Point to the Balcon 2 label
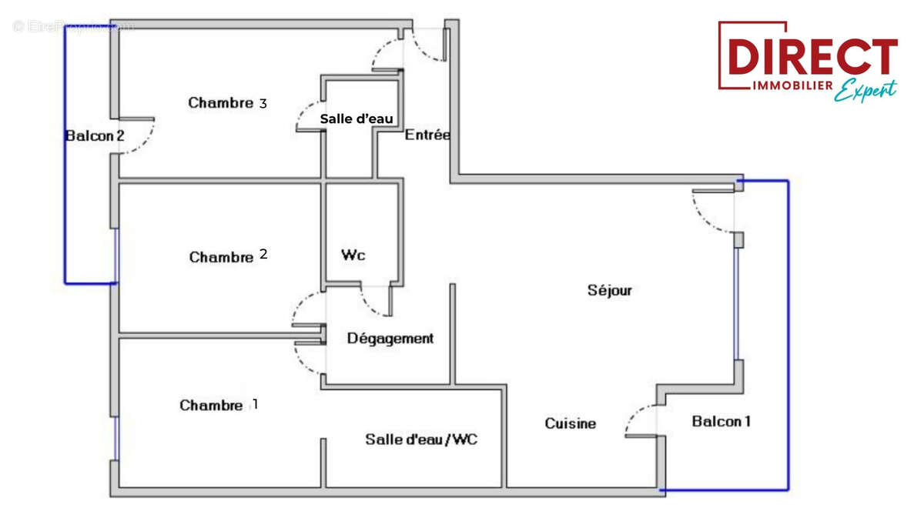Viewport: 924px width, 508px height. point(94,136)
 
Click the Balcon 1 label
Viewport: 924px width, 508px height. point(721,421)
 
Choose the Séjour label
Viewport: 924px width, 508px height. point(609,290)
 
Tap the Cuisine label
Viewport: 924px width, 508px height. point(570,423)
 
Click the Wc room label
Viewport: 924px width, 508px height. point(353,256)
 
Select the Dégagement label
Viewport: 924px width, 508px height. point(390,339)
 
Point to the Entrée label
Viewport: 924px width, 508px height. point(427,135)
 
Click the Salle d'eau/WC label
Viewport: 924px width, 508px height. point(420,439)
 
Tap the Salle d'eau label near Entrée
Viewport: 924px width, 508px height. point(357,119)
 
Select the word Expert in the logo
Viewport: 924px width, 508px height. point(866,91)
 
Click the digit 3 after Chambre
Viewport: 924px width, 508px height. point(263,102)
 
